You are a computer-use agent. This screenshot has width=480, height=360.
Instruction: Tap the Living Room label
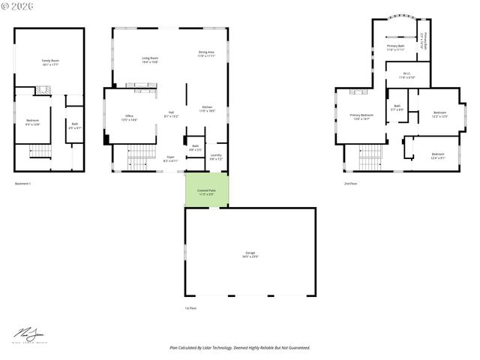tap(150, 59)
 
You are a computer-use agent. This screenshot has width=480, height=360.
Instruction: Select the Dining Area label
tap(206, 54)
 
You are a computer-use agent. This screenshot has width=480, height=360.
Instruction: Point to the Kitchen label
tap(207, 109)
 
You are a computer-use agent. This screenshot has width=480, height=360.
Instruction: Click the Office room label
tap(129, 118)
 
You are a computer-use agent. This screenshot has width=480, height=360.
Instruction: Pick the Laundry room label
tap(216, 156)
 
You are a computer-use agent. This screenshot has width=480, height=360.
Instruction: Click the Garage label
tap(250, 255)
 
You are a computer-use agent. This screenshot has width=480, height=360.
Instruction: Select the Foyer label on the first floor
tap(170, 159)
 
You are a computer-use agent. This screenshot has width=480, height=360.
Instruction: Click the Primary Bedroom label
tap(361, 116)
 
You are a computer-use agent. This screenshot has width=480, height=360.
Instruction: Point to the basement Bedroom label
tap(33, 121)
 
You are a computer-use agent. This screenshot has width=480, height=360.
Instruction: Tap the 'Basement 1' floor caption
tap(23, 184)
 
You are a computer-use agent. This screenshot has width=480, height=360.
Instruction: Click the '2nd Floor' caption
tap(350, 184)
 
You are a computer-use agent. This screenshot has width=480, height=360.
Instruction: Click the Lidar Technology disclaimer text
tap(239, 348)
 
